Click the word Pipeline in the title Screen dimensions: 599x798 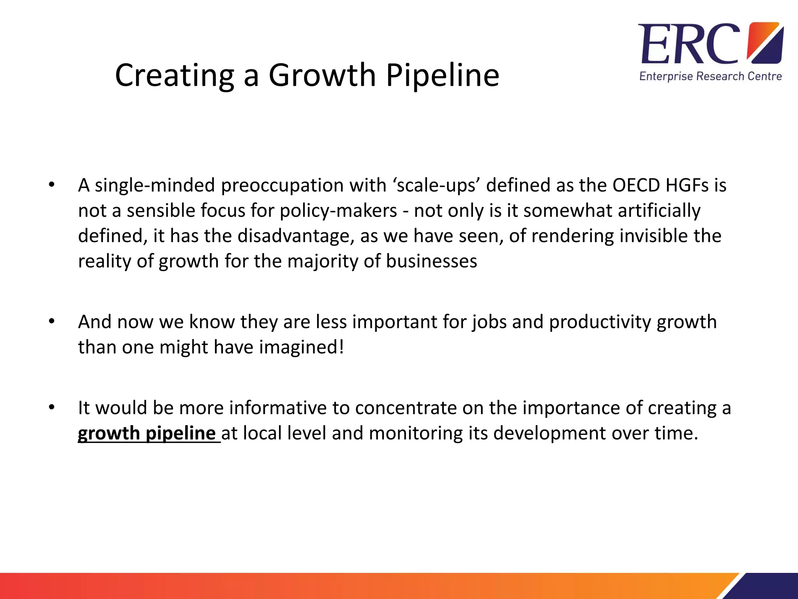pyautogui.click(x=442, y=75)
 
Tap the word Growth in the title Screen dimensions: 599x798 pyautogui.click(x=322, y=75)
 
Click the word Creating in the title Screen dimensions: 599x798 pyautogui.click(x=175, y=75)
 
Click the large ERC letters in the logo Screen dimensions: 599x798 pyautogui.click(x=689, y=44)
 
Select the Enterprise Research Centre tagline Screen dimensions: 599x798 pyautogui.click(x=710, y=76)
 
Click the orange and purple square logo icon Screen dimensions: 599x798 pyautogui.click(x=765, y=43)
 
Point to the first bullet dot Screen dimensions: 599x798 pyautogui.click(x=52, y=185)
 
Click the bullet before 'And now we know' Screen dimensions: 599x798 pyautogui.click(x=52, y=322)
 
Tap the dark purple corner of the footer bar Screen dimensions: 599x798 pyautogui.click(x=770, y=587)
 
